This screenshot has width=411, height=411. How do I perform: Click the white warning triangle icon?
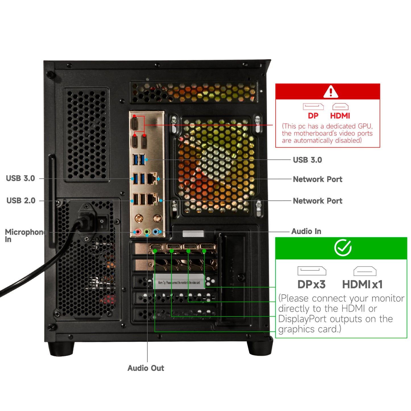click(x=331, y=92)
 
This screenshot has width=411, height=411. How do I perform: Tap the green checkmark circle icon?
click(x=343, y=247)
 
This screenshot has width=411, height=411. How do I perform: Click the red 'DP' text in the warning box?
click(x=313, y=116)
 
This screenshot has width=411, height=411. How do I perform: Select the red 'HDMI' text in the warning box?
click(x=340, y=116)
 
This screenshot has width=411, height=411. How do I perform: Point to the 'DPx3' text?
click(x=311, y=284)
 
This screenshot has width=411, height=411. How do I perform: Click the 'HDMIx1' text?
click(x=362, y=284)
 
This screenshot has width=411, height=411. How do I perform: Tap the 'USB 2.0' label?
click(x=21, y=201)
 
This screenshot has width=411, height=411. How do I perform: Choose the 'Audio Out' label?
click(x=146, y=368)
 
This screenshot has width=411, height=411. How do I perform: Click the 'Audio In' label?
click(x=306, y=231)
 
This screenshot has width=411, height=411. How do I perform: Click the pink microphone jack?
click(x=138, y=232)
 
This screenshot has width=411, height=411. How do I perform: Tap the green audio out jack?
click(x=147, y=232)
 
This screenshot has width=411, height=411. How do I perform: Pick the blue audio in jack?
click(x=156, y=232)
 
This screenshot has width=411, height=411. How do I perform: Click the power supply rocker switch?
click(x=102, y=223)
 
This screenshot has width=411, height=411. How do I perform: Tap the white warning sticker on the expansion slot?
click(x=179, y=282)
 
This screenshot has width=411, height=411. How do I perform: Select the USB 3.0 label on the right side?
click(x=307, y=160)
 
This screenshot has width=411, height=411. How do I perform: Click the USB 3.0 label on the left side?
click(x=20, y=178)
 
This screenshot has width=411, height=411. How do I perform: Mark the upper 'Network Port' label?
click(x=317, y=179)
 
